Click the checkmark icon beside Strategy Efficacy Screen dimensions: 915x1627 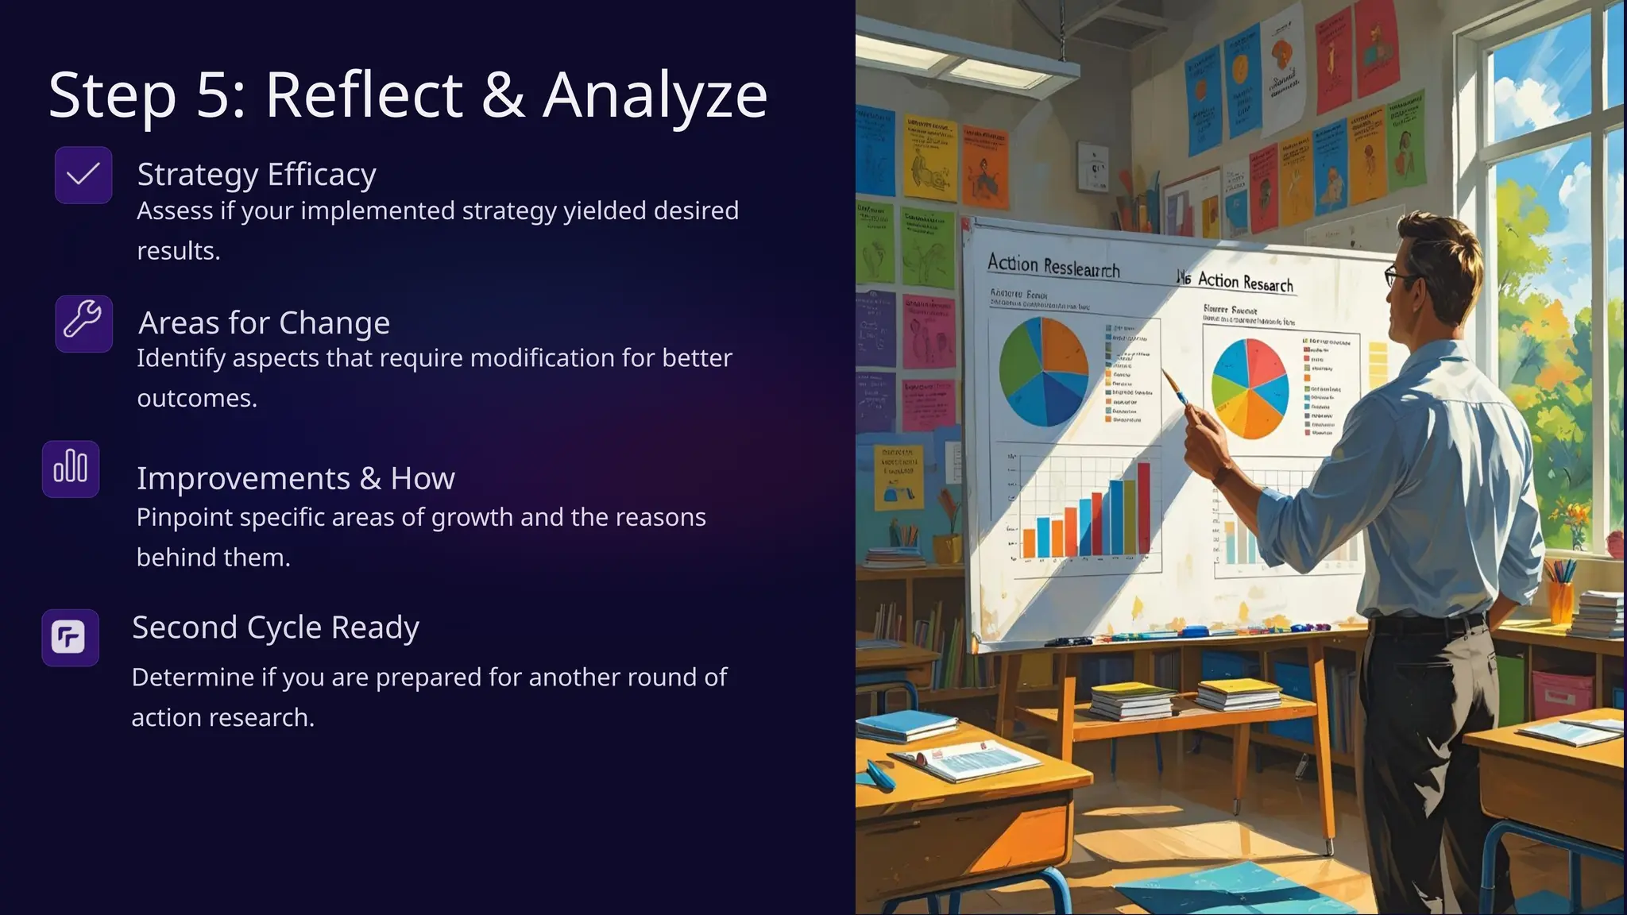83,175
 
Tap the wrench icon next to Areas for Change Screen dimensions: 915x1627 83,323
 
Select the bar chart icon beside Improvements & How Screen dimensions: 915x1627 71,469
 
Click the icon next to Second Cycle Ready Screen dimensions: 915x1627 70,637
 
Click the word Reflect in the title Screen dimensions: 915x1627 363,95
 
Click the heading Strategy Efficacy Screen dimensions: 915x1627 256,175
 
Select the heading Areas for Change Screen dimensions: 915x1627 264,323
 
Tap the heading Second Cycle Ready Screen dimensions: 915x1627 275,627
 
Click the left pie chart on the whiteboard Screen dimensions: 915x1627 1043,371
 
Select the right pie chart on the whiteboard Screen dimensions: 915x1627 1250,388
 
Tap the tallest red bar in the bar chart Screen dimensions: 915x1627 1143,508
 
